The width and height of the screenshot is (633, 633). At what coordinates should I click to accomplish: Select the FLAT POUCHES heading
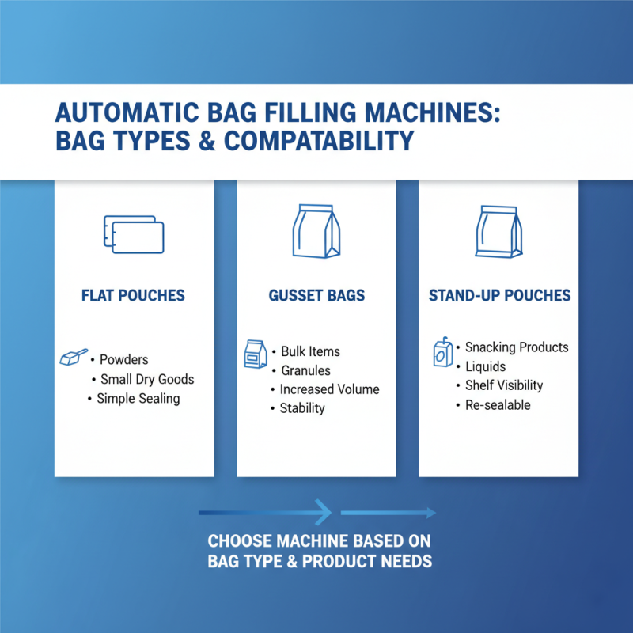tap(133, 296)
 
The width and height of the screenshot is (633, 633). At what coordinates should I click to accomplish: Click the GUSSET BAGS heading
tap(316, 296)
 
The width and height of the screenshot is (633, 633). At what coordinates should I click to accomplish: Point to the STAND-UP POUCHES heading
tap(499, 296)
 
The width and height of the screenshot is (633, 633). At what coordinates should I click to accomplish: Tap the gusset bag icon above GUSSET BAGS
tap(316, 232)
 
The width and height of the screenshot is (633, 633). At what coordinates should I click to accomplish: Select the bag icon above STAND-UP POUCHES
tap(499, 232)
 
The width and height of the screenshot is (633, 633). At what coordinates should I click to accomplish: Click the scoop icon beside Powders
tap(74, 358)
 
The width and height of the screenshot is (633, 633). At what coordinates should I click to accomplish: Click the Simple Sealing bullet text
tap(138, 398)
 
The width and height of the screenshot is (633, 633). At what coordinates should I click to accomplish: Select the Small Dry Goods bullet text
tap(147, 379)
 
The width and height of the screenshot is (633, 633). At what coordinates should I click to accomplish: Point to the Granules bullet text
tap(305, 370)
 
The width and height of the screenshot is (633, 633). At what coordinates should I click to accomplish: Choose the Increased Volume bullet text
tap(330, 389)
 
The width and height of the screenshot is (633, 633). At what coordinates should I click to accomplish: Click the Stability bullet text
tap(302, 408)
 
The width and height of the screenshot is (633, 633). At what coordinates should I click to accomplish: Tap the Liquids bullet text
tap(485, 366)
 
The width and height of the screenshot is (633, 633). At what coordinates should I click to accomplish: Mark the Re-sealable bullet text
tap(498, 404)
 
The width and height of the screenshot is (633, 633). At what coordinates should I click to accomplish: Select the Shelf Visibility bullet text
tap(504, 385)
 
